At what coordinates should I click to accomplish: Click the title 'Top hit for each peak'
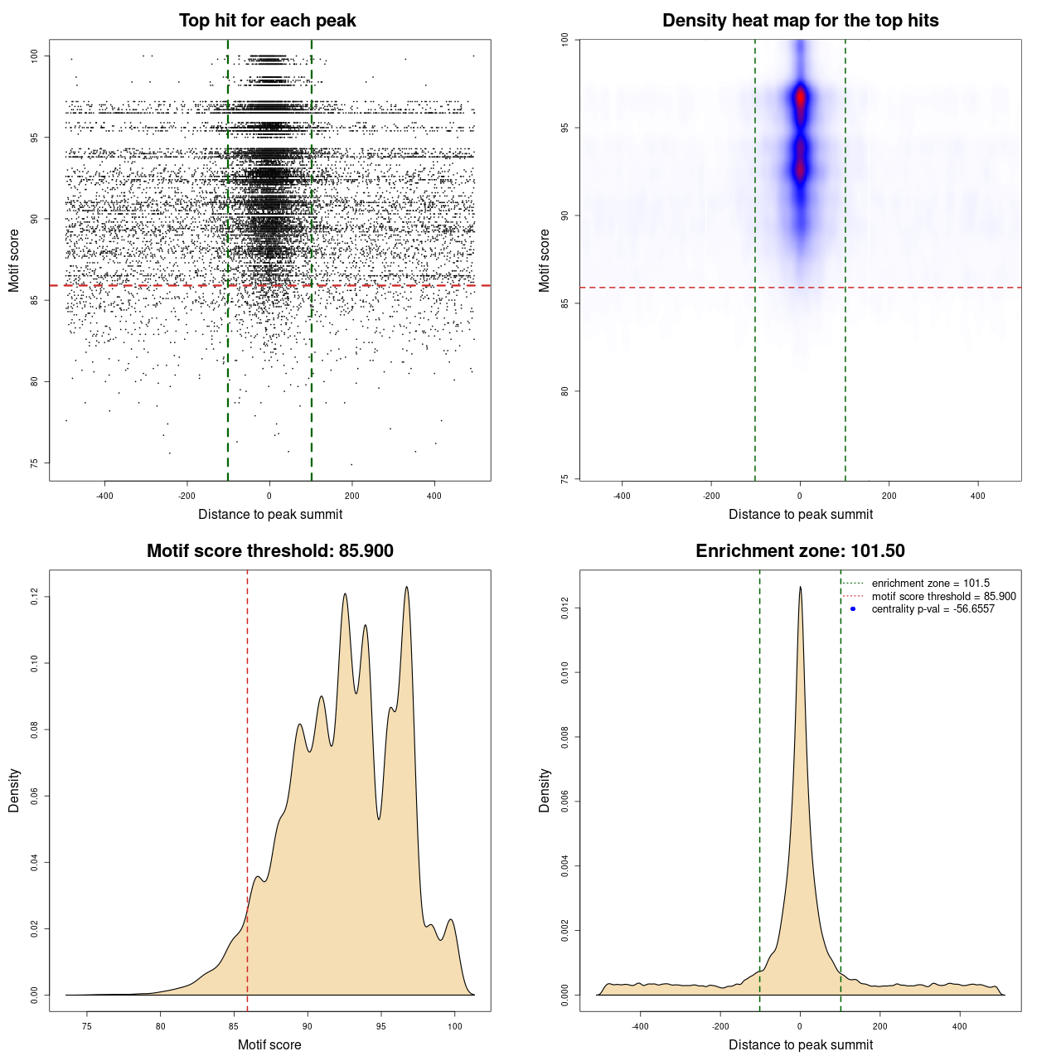point(267,21)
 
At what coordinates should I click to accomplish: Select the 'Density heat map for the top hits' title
point(800,21)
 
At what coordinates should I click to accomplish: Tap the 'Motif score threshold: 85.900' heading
point(269,551)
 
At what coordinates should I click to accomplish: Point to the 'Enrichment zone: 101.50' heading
point(800,551)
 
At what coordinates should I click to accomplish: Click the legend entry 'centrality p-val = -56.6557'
point(933,609)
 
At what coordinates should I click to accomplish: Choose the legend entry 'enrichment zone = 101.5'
point(930,584)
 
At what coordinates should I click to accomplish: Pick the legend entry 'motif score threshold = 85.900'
point(943,597)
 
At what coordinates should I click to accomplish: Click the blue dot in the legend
point(853,609)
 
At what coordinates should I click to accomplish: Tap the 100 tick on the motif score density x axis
point(454,1026)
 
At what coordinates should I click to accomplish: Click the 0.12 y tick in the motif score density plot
point(34,597)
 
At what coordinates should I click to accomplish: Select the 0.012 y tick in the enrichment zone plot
point(564,608)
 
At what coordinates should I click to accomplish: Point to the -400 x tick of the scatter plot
point(104,496)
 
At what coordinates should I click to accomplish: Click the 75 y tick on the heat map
point(564,478)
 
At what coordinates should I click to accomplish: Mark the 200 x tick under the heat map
point(889,496)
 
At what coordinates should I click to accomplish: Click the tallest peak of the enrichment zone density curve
point(800,587)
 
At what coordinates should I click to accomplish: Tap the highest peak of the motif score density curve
point(407,587)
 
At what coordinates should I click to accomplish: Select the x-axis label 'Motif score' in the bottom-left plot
point(269,1044)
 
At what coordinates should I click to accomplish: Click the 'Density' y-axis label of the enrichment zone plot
point(545,790)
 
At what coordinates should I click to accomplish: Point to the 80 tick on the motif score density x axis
point(160,1026)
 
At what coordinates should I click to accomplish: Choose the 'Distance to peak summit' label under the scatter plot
point(270,514)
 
